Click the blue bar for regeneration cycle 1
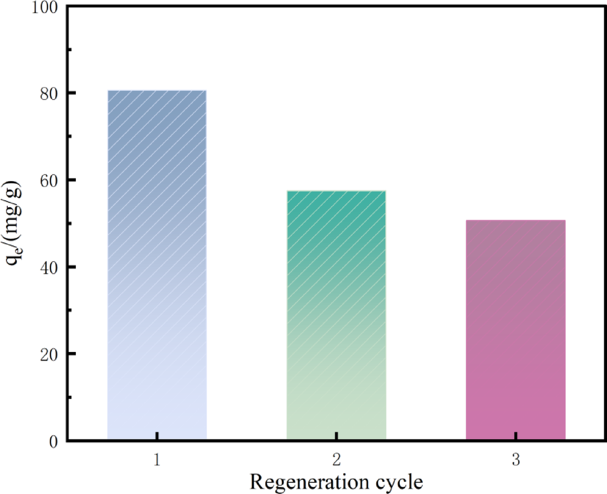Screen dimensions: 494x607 click(157, 264)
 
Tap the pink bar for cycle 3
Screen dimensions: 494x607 click(515, 330)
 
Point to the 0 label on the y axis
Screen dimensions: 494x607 click(53, 441)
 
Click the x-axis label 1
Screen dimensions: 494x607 click(157, 460)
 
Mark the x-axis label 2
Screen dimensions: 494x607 click(336, 460)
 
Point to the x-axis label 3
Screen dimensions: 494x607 click(515, 460)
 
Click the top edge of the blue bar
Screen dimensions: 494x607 click(157, 91)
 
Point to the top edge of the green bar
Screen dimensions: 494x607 click(336, 191)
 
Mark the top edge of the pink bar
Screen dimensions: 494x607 click(515, 221)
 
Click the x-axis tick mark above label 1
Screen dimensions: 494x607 click(157, 436)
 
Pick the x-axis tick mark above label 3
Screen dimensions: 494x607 click(515, 436)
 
